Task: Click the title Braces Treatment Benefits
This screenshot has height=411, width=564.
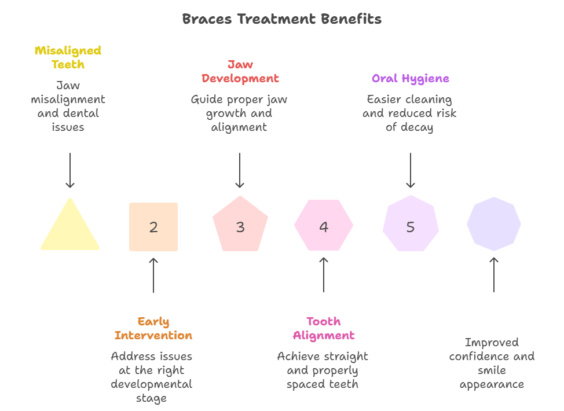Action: pos(281,19)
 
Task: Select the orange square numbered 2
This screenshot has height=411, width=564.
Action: pos(153,227)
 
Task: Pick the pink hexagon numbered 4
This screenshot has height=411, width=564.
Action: pos(324,226)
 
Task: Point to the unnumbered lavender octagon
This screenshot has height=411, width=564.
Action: pos(494,224)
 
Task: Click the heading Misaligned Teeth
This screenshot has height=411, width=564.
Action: pos(68,57)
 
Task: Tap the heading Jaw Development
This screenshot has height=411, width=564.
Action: pos(240,71)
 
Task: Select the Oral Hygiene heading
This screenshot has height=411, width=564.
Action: pos(410,78)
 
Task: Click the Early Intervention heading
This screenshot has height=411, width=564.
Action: pos(153,328)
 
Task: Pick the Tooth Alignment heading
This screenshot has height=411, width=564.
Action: pos(324,328)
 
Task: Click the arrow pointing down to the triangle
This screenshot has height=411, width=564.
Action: pos(70,170)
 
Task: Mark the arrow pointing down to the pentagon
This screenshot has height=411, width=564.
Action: pos(240,170)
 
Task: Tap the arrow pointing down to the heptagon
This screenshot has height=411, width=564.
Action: pos(410,170)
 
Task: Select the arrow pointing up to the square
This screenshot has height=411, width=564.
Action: pos(153,275)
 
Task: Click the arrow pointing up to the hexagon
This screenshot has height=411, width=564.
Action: pos(324,275)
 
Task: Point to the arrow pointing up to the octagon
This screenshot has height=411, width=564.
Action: pos(494,275)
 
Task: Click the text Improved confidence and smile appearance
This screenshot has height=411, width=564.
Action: pos(492,363)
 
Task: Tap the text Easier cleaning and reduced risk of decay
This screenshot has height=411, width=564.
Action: pos(409,113)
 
